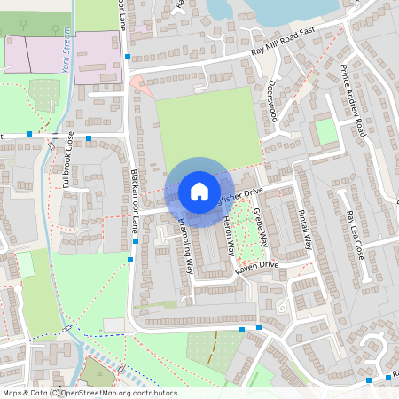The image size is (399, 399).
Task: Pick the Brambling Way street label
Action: click(x=186, y=246)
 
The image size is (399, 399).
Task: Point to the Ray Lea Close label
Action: click(x=355, y=233)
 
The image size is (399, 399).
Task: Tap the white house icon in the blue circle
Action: click(x=199, y=191)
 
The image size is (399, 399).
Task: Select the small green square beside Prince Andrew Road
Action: click(x=326, y=131)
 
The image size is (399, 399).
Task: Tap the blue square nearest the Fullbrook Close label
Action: click(x=90, y=137)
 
